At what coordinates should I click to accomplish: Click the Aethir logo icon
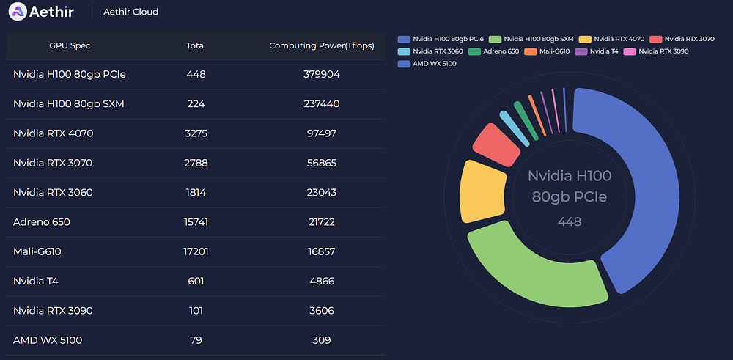pyautogui.click(x=18, y=11)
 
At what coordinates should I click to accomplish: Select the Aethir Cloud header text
pyautogui.click(x=131, y=12)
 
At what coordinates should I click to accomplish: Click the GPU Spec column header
pyautogui.click(x=70, y=45)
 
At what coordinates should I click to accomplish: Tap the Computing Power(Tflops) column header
pyautogui.click(x=322, y=45)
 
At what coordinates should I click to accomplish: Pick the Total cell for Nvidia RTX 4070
pyautogui.click(x=196, y=133)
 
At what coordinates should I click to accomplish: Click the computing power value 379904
pyautogui.click(x=322, y=74)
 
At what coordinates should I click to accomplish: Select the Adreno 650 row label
pyautogui.click(x=42, y=222)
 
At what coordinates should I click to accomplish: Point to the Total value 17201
pyautogui.click(x=196, y=252)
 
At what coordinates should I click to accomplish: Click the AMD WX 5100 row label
pyautogui.click(x=48, y=340)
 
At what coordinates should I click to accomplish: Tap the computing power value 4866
pyautogui.click(x=322, y=282)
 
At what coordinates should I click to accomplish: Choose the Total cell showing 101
pyautogui.click(x=196, y=311)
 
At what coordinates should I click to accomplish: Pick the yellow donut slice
pyautogui.click(x=482, y=191)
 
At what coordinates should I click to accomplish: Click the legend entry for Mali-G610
pyautogui.click(x=547, y=51)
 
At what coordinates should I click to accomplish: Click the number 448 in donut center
pyautogui.click(x=570, y=221)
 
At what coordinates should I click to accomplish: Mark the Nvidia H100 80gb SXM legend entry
pyautogui.click(x=531, y=40)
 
